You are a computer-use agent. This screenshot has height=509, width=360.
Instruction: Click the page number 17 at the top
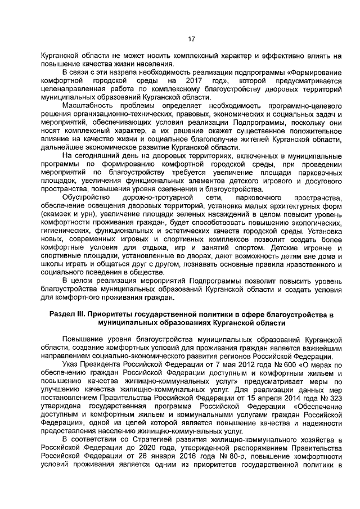pos(191,38)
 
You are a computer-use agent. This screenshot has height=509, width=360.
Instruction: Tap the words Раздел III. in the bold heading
pos(68,316)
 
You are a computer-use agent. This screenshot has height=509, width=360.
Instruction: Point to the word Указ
pos(71,364)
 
